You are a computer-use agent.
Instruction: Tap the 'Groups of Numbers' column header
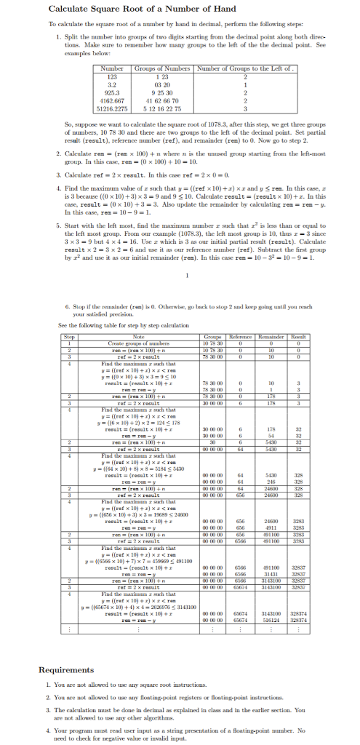(x=164, y=69)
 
